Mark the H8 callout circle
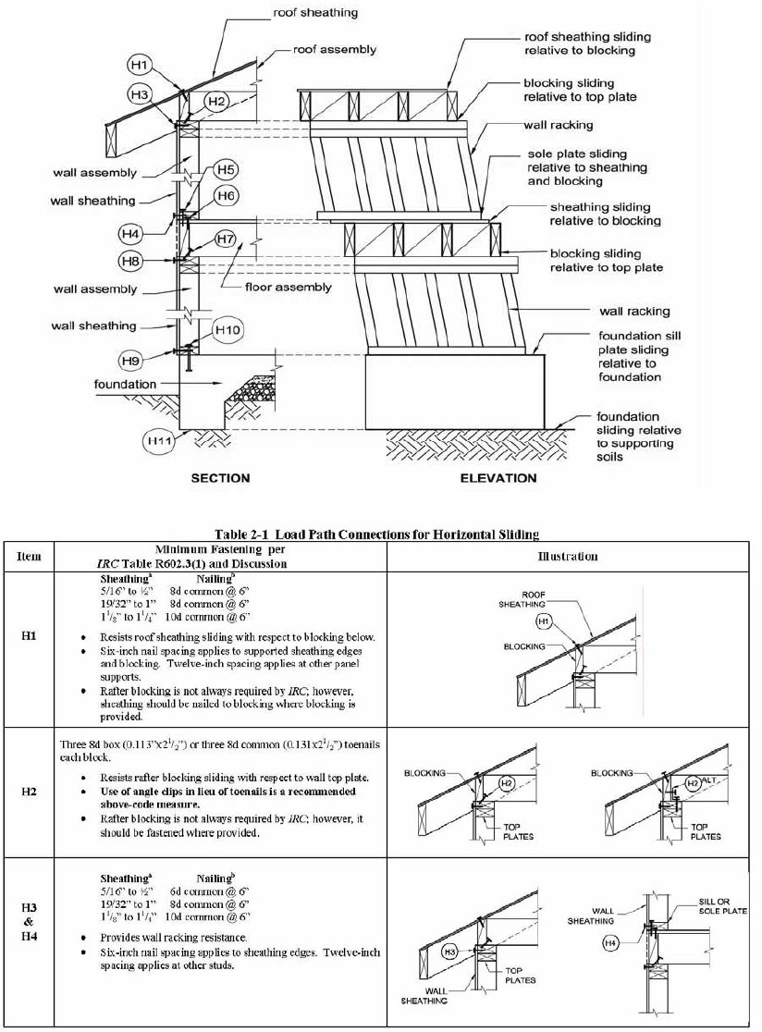(134, 262)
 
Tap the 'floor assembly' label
(288, 288)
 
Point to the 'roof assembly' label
(334, 49)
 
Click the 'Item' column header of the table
(29, 556)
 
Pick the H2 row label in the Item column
(29, 792)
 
